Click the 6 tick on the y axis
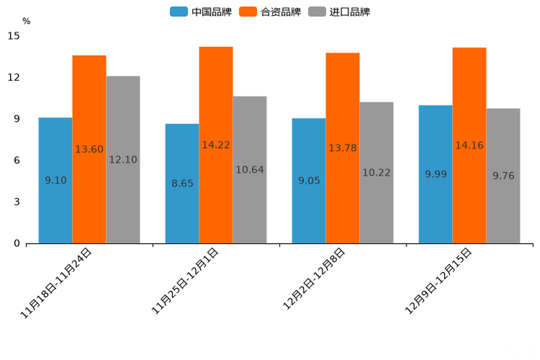coord(17,160)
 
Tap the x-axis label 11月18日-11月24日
coord(57,283)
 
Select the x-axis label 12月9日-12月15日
coord(438,281)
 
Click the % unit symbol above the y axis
coord(26,21)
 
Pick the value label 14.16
coord(469,146)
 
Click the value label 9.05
coord(308,181)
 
